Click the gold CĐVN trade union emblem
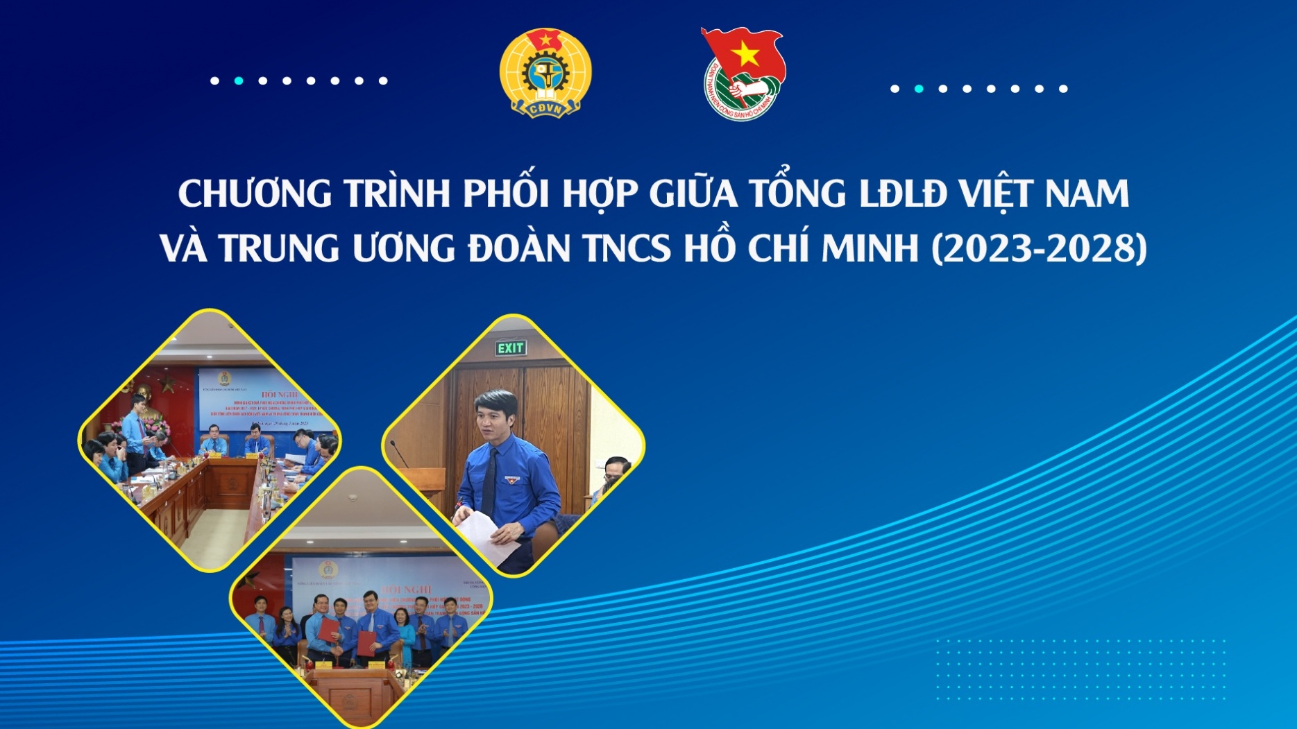(545, 74)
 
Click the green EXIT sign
(511, 348)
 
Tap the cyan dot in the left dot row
(239, 80)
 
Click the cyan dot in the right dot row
(919, 89)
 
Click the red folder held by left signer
(329, 630)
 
